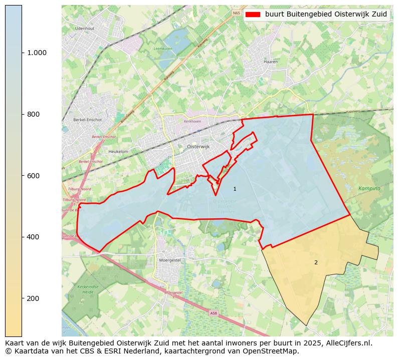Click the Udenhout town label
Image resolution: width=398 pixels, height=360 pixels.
84,29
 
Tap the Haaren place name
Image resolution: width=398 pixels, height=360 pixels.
270,62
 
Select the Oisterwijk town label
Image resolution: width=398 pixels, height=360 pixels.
197,146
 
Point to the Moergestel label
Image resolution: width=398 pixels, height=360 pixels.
169,260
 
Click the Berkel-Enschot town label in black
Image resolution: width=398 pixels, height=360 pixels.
87,120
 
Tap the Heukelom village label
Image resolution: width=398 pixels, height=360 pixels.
118,151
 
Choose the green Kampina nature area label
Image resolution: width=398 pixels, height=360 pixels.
369,188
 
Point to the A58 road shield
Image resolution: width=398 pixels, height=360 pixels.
214,313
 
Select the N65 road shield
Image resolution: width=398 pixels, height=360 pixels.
236,13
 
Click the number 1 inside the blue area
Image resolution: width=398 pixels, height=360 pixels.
235,189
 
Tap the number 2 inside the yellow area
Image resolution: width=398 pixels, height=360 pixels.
316,262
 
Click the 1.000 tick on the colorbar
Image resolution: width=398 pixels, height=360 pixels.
37,53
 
